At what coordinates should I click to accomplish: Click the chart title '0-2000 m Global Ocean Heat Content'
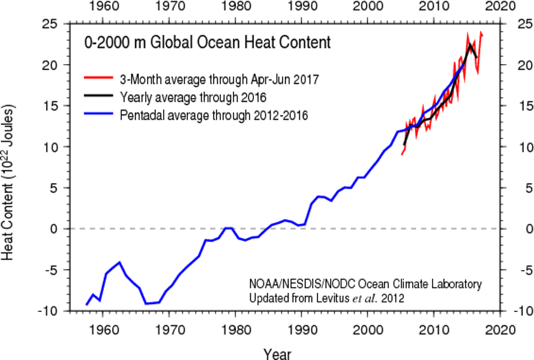click(x=206, y=43)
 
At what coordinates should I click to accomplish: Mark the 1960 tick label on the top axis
click(x=103, y=8)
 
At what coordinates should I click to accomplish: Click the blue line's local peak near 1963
click(x=120, y=262)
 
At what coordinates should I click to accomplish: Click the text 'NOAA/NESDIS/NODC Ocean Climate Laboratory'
click(x=365, y=284)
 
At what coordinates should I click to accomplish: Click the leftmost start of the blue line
click(x=86, y=305)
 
